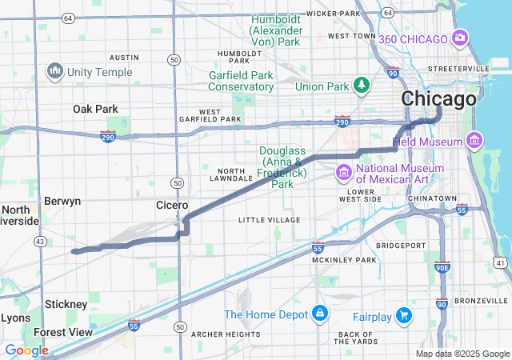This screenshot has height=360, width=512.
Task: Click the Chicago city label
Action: tap(438, 100)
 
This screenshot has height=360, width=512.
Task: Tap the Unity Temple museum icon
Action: tap(55, 71)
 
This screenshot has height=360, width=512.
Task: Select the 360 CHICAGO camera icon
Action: tap(461, 38)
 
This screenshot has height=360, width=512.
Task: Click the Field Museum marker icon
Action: tap(474, 141)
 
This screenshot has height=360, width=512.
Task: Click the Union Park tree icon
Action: tap(362, 85)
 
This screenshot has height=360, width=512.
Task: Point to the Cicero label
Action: tap(172, 206)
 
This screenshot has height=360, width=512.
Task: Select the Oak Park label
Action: tap(95, 109)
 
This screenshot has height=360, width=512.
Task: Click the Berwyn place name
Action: tap(62, 202)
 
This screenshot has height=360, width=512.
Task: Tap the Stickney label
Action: tap(66, 304)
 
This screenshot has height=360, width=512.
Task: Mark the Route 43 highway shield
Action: tap(39, 241)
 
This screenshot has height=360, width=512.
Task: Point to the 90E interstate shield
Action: tap(442, 267)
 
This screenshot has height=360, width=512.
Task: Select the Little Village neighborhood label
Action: tap(270, 219)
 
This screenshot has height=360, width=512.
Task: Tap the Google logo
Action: tap(26, 350)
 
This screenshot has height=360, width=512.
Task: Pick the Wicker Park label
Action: tap(334, 14)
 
